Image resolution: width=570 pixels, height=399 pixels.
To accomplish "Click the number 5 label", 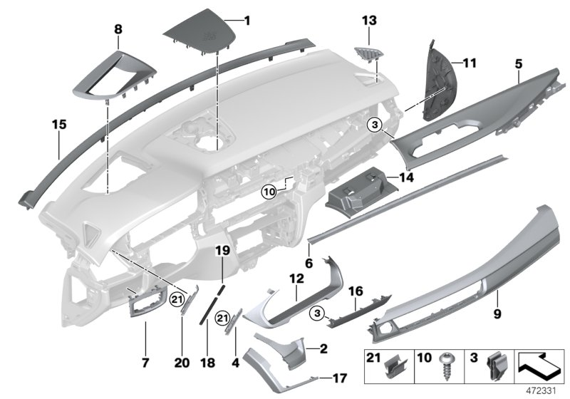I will click(x=519, y=64).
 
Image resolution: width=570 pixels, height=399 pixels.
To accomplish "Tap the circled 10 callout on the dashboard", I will click(x=268, y=191).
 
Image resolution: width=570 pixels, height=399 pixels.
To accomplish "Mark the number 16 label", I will click(x=355, y=292).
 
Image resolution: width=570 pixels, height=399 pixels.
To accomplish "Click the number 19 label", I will click(x=221, y=251).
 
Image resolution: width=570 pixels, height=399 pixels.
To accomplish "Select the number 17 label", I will click(x=341, y=379).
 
